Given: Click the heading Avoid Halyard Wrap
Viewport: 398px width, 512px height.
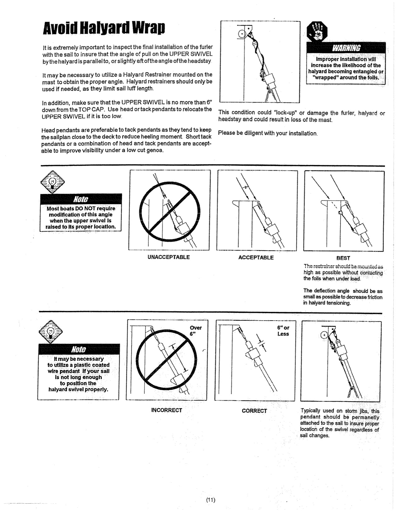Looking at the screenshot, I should pos(104,29).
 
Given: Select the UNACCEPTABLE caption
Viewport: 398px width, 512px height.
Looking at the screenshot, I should pos(168,257).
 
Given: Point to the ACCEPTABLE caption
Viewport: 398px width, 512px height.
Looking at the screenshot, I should pos(256,257).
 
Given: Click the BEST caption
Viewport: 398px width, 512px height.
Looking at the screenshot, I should pos(343,258).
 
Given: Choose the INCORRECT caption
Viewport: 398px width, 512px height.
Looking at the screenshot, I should pos(166,410).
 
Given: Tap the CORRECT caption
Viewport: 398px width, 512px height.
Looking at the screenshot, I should pos(254,411).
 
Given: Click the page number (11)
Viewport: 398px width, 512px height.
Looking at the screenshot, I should pos(211,500).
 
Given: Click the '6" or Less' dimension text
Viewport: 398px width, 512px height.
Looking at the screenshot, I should pos(283,331).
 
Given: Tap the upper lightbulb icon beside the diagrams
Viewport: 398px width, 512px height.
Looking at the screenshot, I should pos(52,182).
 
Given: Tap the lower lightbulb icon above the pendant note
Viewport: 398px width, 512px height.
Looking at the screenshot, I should pos(50,332).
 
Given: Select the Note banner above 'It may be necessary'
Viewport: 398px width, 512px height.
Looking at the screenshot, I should pos(79,349).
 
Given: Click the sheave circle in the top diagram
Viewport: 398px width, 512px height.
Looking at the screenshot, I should pos(241,34).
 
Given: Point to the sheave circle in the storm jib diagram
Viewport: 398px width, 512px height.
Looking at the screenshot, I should pos(324,336).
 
